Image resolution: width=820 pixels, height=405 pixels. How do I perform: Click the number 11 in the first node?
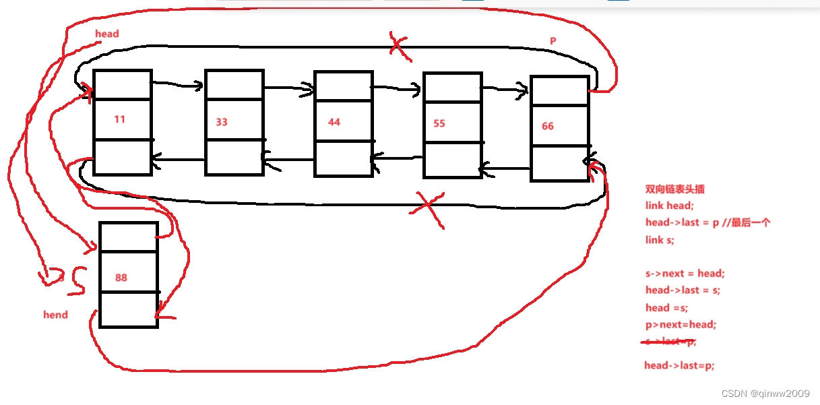click(119, 119)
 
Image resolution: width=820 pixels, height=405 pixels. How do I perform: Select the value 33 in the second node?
click(222, 122)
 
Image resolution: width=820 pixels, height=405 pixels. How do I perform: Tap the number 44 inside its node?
click(334, 122)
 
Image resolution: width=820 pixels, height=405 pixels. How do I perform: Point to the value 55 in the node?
click(439, 124)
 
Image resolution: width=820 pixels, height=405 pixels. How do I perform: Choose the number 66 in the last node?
click(548, 126)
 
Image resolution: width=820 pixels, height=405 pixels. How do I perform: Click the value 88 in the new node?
click(121, 278)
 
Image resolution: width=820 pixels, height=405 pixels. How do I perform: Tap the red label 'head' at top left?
click(107, 34)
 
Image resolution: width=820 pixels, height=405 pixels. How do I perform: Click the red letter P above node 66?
click(553, 41)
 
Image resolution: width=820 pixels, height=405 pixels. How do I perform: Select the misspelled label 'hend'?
click(55, 314)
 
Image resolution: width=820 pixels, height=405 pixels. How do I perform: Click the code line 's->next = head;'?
click(685, 273)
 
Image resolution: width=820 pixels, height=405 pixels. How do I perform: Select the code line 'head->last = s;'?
click(683, 290)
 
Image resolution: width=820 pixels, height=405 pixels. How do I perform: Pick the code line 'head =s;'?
click(666, 307)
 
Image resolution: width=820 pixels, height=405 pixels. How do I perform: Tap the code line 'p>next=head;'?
click(681, 324)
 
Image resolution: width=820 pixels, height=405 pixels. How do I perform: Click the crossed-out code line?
click(670, 342)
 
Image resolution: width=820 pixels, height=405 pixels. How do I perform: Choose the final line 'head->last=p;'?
click(679, 365)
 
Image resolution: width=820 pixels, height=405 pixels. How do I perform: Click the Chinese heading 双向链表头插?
click(675, 189)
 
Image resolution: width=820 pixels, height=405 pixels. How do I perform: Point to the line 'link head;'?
click(669, 206)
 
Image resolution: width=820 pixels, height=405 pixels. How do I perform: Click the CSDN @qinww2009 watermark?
click(765, 393)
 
